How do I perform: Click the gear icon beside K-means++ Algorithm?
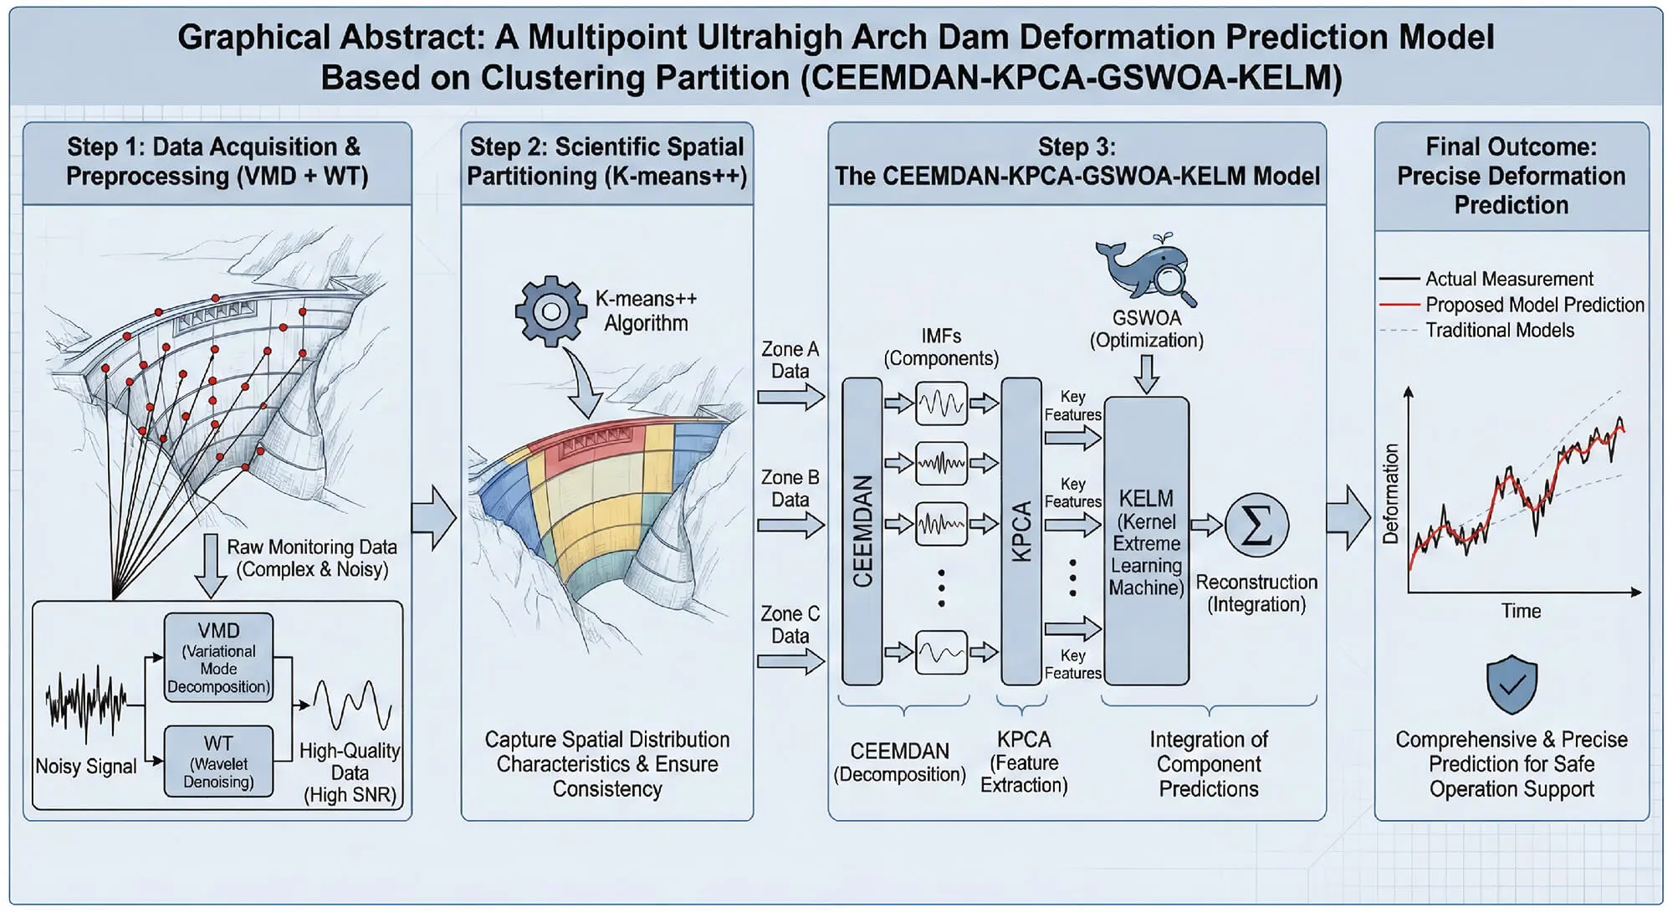(x=550, y=311)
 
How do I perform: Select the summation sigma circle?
(x=1256, y=526)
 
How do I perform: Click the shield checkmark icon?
(x=1512, y=685)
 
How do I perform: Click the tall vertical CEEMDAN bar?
(x=862, y=531)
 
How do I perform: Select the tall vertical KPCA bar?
(x=1021, y=531)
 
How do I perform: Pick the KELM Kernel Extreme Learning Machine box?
(x=1146, y=541)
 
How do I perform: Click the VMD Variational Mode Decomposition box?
(x=218, y=657)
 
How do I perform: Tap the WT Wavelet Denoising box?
(x=218, y=761)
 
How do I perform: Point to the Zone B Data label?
(x=790, y=488)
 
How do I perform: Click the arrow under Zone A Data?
(x=790, y=397)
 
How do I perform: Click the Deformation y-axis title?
(x=1390, y=494)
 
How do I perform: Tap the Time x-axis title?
(x=1520, y=611)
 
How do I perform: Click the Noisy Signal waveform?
(x=86, y=703)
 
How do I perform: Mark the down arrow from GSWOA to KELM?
(x=1147, y=373)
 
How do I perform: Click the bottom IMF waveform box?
(x=941, y=652)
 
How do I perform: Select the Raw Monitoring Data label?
(x=311, y=557)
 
